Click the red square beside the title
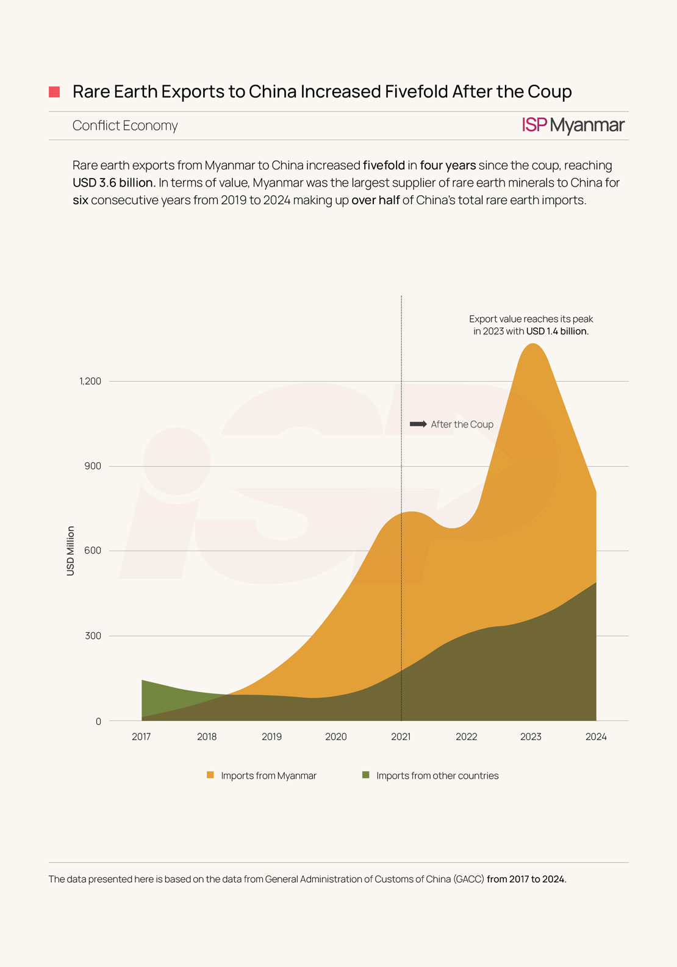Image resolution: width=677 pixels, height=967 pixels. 54,92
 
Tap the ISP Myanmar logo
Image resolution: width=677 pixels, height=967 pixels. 573,125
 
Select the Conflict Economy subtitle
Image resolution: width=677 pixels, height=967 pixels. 125,126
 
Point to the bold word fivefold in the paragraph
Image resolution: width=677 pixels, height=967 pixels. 384,165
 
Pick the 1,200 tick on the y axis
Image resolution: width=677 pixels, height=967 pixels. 90,381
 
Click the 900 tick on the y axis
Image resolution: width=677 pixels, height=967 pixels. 93,466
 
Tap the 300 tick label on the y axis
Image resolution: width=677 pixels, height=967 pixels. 93,636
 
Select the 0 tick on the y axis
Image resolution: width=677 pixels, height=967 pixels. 98,721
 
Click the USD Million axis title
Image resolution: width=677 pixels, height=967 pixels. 71,551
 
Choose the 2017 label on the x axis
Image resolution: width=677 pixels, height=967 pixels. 141,737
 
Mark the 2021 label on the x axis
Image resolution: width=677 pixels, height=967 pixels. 401,737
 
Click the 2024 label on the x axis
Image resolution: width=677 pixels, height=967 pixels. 596,737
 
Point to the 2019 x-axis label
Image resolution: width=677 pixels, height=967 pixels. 271,737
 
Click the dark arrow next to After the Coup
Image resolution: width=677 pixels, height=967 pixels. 418,424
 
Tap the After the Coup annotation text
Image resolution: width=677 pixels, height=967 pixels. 462,424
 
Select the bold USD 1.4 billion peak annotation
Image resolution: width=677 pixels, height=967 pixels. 557,332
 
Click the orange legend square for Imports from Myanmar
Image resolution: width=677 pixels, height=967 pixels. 210,775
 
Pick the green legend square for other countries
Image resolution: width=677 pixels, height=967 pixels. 366,775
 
